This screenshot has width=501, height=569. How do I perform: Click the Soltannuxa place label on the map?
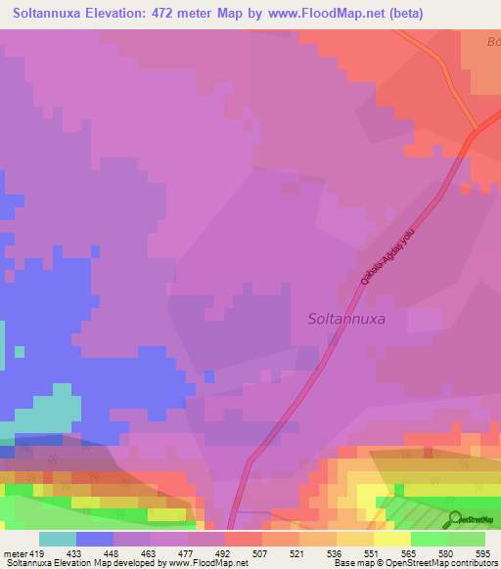345,319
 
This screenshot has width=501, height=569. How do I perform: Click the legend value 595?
483,552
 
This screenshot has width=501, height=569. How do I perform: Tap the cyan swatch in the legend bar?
57,539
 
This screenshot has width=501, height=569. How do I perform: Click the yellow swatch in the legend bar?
391,539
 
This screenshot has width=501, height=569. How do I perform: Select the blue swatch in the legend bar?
94,539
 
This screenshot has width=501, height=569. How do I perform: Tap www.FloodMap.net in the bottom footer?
206,563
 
